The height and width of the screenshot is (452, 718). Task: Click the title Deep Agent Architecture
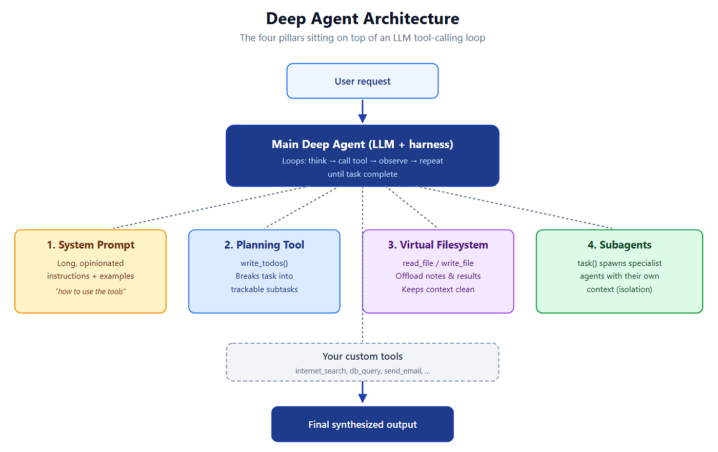(363, 18)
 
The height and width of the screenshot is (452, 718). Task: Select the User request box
(363, 81)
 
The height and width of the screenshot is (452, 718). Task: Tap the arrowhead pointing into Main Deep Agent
(363, 119)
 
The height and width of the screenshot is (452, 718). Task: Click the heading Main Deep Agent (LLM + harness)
(363, 145)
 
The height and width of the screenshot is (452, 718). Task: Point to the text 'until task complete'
(363, 174)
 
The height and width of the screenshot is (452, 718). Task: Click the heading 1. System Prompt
(91, 245)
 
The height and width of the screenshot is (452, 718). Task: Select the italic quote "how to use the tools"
(91, 291)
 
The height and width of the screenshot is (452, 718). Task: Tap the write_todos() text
(264, 263)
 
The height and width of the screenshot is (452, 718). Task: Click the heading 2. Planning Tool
(264, 245)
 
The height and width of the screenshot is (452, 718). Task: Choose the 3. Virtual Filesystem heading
(438, 245)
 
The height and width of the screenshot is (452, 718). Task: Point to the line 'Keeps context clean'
(438, 289)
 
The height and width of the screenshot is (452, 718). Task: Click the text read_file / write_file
(438, 263)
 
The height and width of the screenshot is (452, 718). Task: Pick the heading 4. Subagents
(620, 245)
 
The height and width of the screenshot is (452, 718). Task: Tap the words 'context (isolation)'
(620, 289)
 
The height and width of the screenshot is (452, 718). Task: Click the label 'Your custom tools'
(363, 356)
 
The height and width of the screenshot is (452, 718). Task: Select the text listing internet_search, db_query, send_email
(363, 371)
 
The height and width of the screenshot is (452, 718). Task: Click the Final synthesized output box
(363, 424)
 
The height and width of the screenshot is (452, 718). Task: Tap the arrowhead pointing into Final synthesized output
(363, 398)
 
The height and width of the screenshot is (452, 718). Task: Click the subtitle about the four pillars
(363, 38)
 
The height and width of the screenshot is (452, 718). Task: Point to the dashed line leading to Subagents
(514, 207)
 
